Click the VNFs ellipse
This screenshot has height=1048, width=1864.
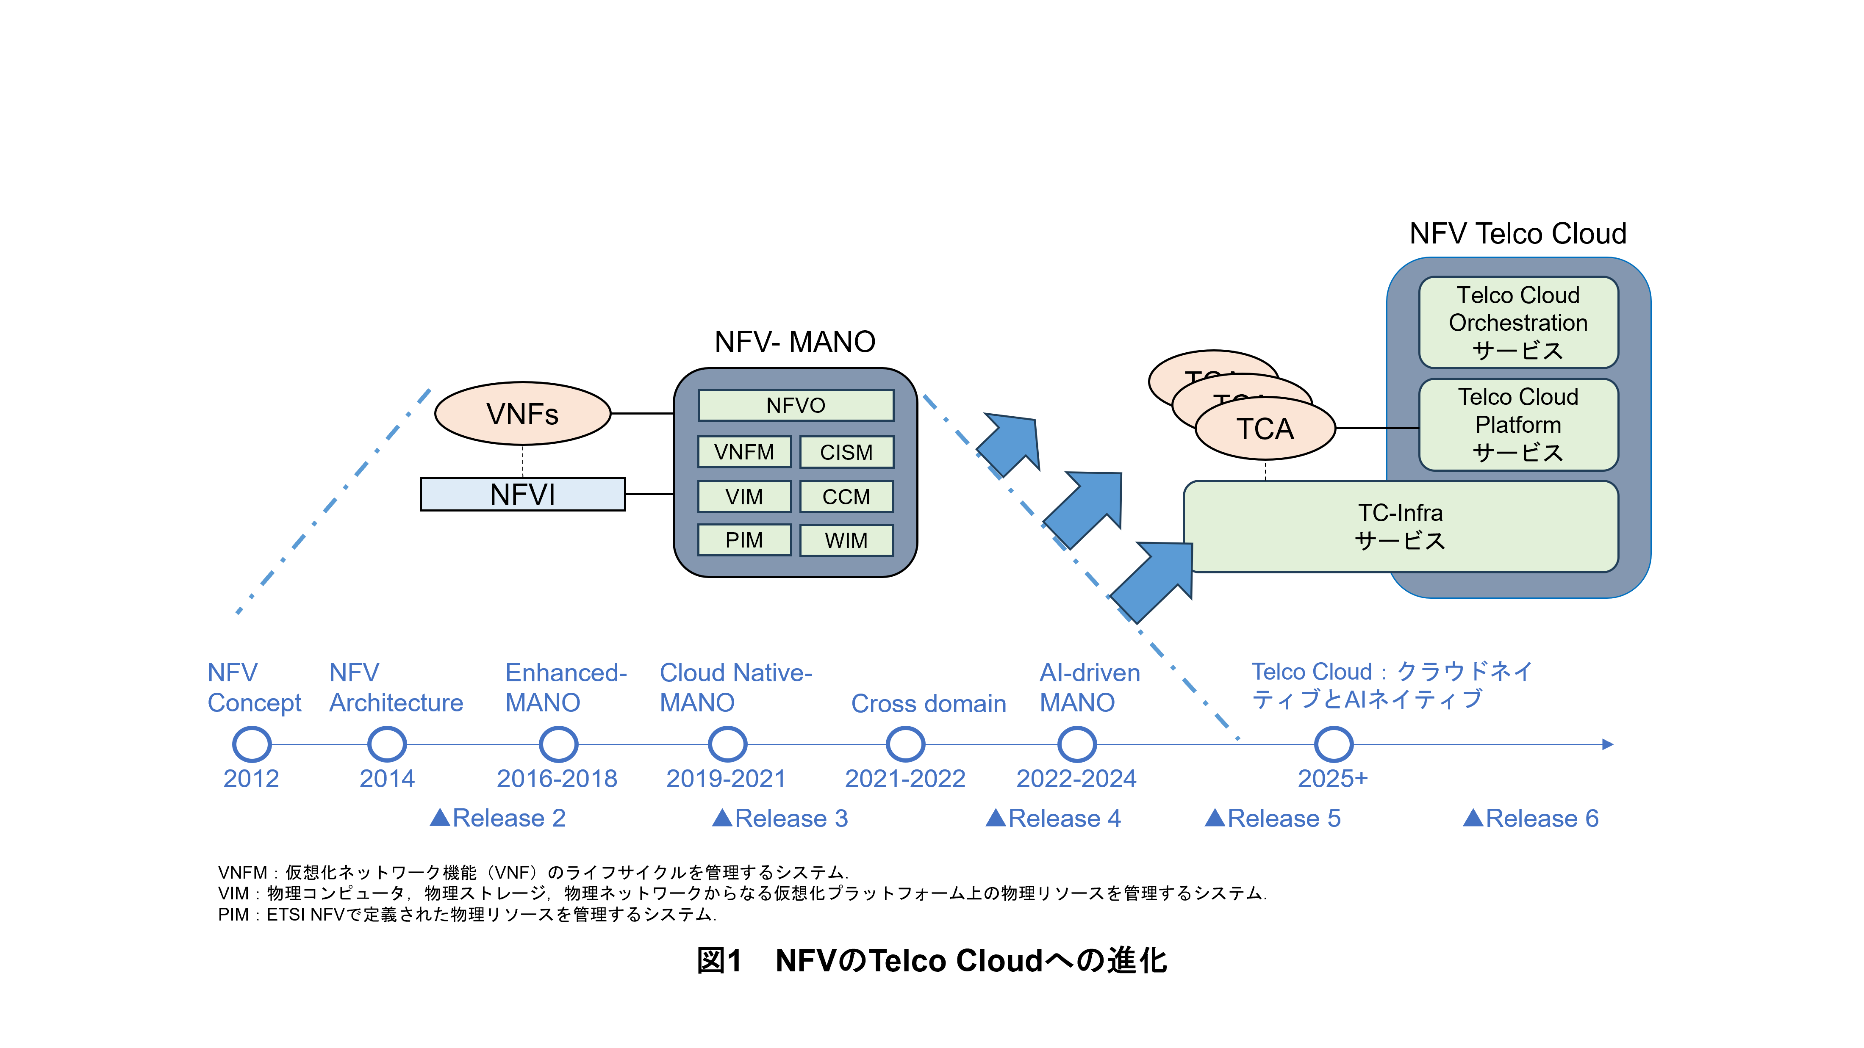522,414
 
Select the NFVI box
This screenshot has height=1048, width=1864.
522,495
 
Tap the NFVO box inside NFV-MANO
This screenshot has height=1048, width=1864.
795,406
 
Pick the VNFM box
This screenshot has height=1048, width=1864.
744,452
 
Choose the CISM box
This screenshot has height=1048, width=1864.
846,452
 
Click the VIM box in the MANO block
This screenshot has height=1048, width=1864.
744,497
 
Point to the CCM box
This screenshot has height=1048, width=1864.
846,497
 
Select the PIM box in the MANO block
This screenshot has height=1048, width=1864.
744,540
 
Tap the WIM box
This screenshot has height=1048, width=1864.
846,540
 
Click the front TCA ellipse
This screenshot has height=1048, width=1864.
1265,429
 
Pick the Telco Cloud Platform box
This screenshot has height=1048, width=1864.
1518,425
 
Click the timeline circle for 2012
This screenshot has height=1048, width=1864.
252,744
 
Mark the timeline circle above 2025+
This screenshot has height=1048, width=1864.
1333,744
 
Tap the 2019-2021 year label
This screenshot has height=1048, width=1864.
726,779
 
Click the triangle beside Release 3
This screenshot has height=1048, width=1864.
722,818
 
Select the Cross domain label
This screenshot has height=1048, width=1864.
928,704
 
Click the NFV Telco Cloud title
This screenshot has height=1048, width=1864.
1517,234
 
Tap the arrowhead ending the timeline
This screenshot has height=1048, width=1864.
1607,744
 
